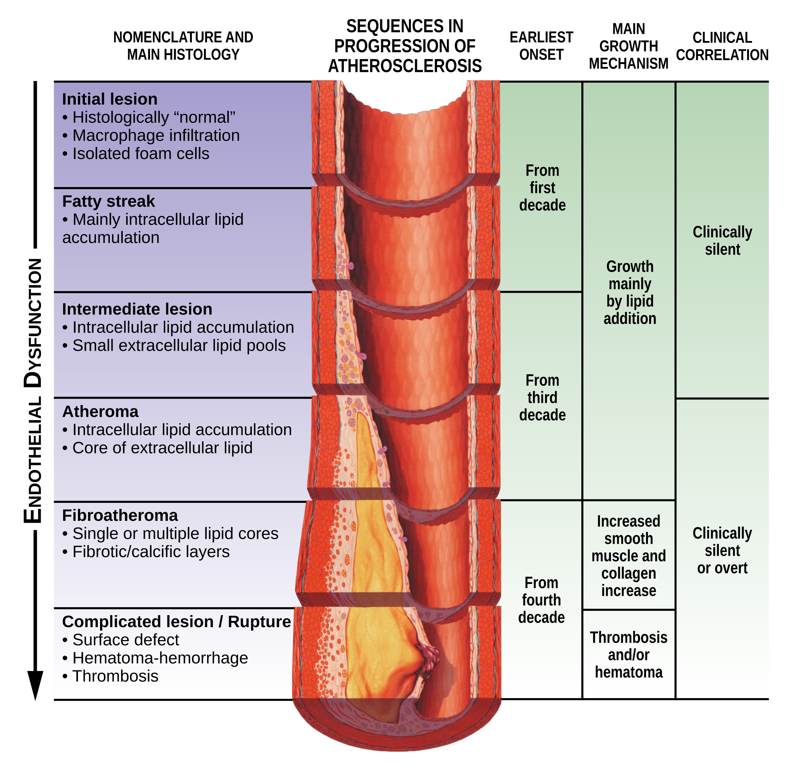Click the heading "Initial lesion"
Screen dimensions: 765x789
110,99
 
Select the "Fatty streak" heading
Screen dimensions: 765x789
108,201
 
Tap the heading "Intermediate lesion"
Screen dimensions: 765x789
137,309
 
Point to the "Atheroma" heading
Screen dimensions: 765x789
100,411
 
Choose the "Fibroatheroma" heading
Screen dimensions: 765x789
120,515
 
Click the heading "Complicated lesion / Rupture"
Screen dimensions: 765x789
176,621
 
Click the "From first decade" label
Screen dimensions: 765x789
542,188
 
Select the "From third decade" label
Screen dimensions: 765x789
542,397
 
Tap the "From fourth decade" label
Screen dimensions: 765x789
542,600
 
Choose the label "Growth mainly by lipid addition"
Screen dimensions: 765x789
630,292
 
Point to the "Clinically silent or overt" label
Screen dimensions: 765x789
722,550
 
